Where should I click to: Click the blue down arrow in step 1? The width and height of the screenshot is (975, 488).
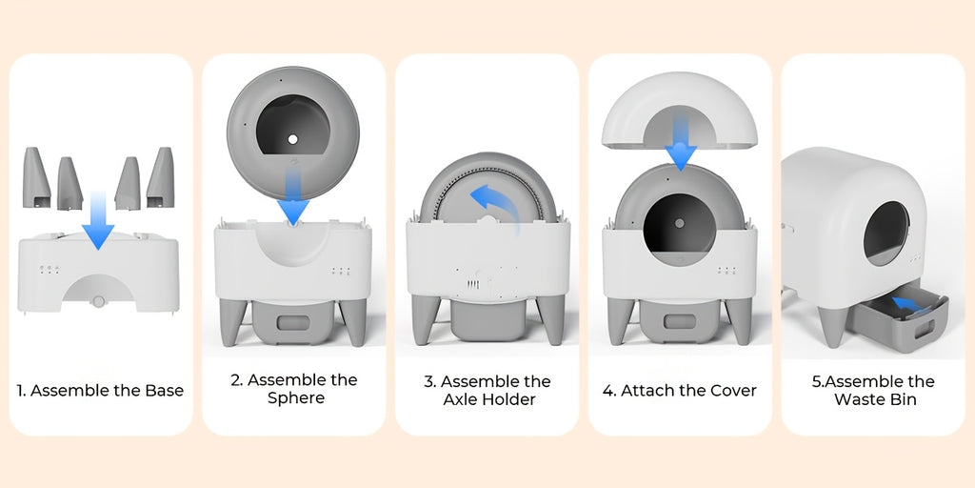tap(98, 221)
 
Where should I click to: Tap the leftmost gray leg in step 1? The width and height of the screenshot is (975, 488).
tap(36, 177)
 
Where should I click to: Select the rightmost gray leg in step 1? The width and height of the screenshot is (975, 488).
tap(160, 177)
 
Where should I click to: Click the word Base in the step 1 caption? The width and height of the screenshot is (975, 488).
tap(165, 391)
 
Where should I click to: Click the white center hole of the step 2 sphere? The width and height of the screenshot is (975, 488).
tap(293, 139)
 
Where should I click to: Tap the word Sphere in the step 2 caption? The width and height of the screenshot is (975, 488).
tap(296, 398)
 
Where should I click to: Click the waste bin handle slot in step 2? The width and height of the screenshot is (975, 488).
tap(293, 322)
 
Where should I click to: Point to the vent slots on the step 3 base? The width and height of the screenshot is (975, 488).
tap(474, 284)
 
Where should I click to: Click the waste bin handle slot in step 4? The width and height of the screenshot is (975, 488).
tap(680, 322)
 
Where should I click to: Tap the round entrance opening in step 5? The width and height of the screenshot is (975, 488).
tap(886, 234)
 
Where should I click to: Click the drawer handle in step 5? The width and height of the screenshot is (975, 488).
tap(925, 328)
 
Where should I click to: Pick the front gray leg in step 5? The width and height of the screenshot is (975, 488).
tap(832, 324)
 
